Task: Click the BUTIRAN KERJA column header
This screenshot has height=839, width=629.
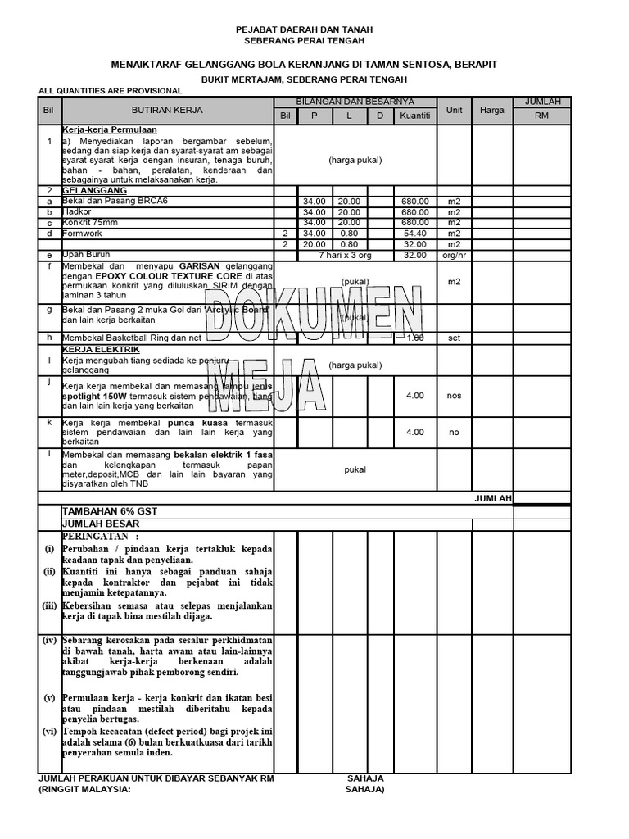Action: (167, 109)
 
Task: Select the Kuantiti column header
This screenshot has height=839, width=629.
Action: (414, 116)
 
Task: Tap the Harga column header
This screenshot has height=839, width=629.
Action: (491, 109)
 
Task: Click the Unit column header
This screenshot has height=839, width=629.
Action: (454, 109)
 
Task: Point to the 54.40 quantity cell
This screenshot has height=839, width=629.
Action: (414, 234)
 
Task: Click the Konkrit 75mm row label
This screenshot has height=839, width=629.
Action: (89, 222)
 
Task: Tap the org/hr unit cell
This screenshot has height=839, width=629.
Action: (454, 255)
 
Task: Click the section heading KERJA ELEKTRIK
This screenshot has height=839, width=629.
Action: (96, 349)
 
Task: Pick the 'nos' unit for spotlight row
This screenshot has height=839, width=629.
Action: (454, 395)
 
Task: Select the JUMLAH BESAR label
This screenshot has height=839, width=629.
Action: (101, 524)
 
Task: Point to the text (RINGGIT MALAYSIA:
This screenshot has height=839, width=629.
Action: (84, 790)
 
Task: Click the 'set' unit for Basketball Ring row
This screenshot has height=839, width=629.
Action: (454, 338)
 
